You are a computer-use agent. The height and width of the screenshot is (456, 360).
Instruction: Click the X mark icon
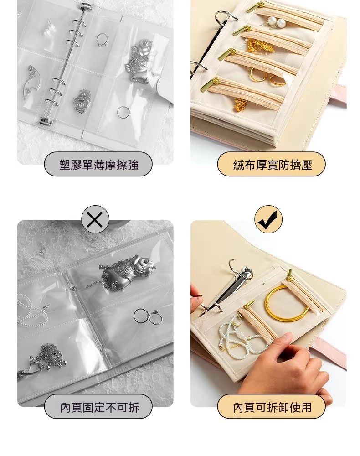[x=95, y=220]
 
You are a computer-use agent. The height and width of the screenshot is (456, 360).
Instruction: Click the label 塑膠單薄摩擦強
[x=98, y=165]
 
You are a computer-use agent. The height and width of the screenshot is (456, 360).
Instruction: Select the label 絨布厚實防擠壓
[x=272, y=165]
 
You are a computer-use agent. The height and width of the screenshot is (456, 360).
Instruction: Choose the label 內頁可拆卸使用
[x=272, y=407]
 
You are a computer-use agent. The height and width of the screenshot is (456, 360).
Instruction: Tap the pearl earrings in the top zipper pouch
[x=276, y=22]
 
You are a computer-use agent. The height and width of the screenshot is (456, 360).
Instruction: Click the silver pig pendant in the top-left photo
[x=140, y=62]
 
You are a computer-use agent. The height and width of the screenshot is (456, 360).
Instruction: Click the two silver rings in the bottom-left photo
[x=148, y=317]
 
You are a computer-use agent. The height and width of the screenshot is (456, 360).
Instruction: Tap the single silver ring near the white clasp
[x=123, y=112]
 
